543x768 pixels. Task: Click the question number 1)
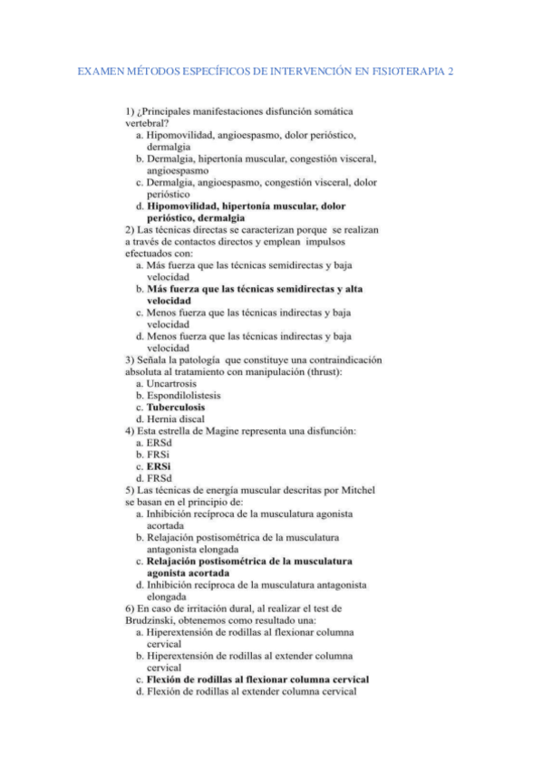(x=131, y=110)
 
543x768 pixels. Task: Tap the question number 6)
(x=131, y=609)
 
